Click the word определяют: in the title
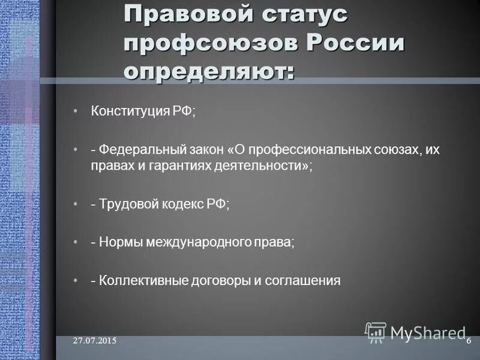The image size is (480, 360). click(209, 71)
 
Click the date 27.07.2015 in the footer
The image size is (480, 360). click(95, 341)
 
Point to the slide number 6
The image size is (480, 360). click(468, 341)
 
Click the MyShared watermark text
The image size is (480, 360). click(427, 332)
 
